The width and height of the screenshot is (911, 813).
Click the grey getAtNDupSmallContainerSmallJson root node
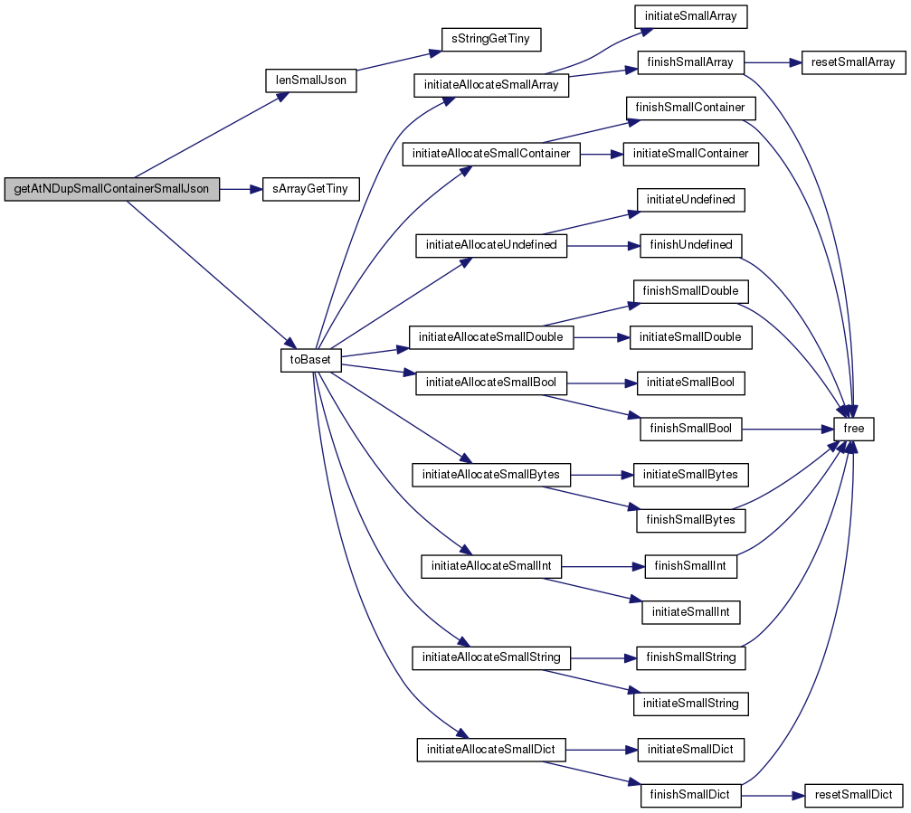tap(111, 189)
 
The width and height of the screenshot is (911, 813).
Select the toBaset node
tap(311, 360)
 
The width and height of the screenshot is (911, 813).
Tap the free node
tap(853, 429)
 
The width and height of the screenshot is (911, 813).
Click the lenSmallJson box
tap(311, 80)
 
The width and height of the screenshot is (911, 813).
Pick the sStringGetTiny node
tap(491, 39)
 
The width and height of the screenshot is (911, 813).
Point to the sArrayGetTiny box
tap(311, 189)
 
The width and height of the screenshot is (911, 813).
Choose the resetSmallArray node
tap(853, 62)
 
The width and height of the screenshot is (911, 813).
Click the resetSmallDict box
tap(853, 795)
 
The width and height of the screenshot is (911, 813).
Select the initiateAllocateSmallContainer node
tap(491, 154)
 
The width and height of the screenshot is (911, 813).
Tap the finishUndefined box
tap(691, 246)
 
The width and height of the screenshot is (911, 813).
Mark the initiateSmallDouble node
tap(691, 337)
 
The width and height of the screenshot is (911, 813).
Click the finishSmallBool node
tap(691, 429)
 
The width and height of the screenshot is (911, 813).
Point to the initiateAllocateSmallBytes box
tap(491, 475)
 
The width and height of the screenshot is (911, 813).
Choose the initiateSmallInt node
tap(691, 612)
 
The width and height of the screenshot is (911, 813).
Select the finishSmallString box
tap(691, 657)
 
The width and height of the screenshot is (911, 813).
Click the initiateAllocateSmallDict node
tap(491, 750)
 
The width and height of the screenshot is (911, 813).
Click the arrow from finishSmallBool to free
tap(788, 430)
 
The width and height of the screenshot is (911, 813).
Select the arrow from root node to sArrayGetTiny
tap(242, 189)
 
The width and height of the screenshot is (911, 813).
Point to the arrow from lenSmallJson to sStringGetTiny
tap(399, 61)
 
